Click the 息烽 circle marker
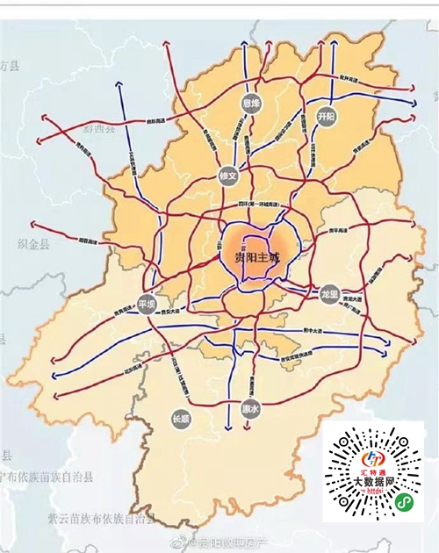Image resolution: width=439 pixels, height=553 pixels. click(251, 104)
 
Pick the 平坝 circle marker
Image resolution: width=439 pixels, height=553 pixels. click(146, 305)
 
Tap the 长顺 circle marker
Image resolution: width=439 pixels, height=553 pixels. click(180, 419)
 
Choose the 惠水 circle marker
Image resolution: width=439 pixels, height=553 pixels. click(251, 408)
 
